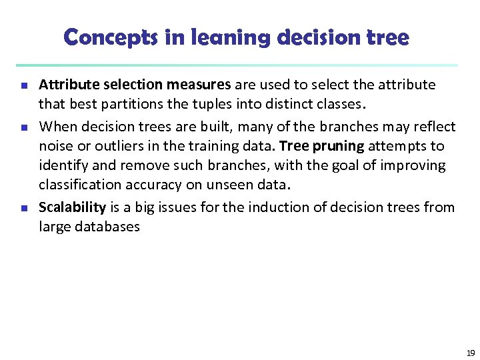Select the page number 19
pos(470,353)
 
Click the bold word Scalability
pos(73,207)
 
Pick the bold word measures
pos(199,85)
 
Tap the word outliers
pos(111,146)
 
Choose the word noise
pos(55,146)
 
